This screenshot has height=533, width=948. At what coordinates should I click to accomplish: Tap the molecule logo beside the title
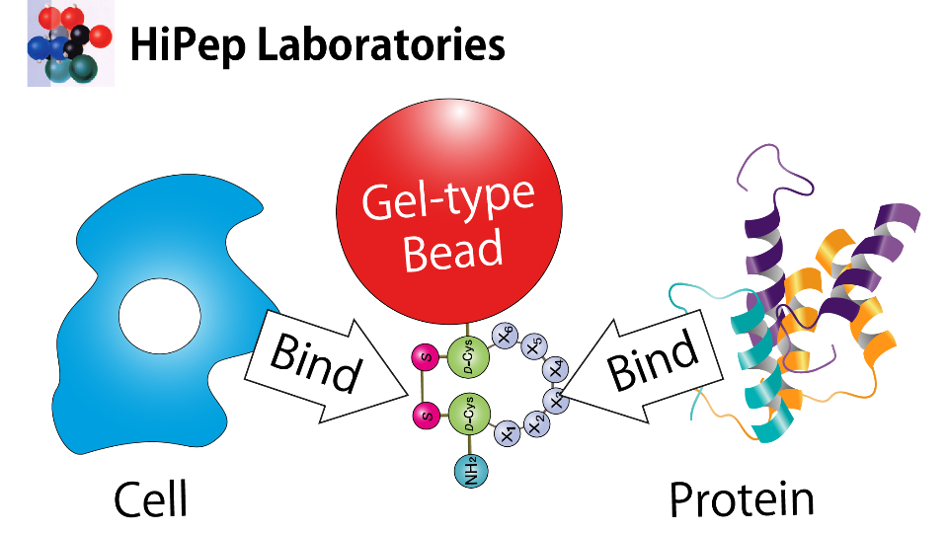70,44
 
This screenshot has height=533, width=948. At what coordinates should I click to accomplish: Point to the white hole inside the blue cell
160,317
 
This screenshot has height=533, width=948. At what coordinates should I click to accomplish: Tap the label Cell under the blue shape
150,498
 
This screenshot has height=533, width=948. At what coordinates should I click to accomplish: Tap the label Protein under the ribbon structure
742,498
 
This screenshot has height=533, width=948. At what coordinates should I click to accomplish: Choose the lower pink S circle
427,416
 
